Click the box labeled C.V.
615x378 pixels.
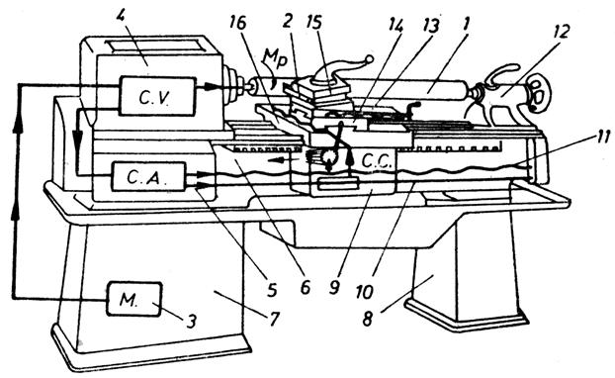click(157, 97)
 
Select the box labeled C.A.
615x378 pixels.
click(148, 177)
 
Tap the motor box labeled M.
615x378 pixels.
click(133, 299)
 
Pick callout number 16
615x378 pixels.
click(238, 23)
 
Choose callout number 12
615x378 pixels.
click(561, 31)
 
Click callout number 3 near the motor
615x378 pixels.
click(190, 322)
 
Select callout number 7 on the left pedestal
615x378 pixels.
click(273, 320)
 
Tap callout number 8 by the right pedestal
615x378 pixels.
click(367, 319)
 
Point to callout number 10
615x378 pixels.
click(365, 291)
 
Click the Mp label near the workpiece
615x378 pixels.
click(278, 60)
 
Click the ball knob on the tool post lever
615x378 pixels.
click(369, 59)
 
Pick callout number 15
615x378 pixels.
click(314, 23)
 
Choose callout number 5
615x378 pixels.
click(272, 290)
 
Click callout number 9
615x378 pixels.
click(334, 287)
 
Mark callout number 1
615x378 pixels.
click(465, 26)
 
